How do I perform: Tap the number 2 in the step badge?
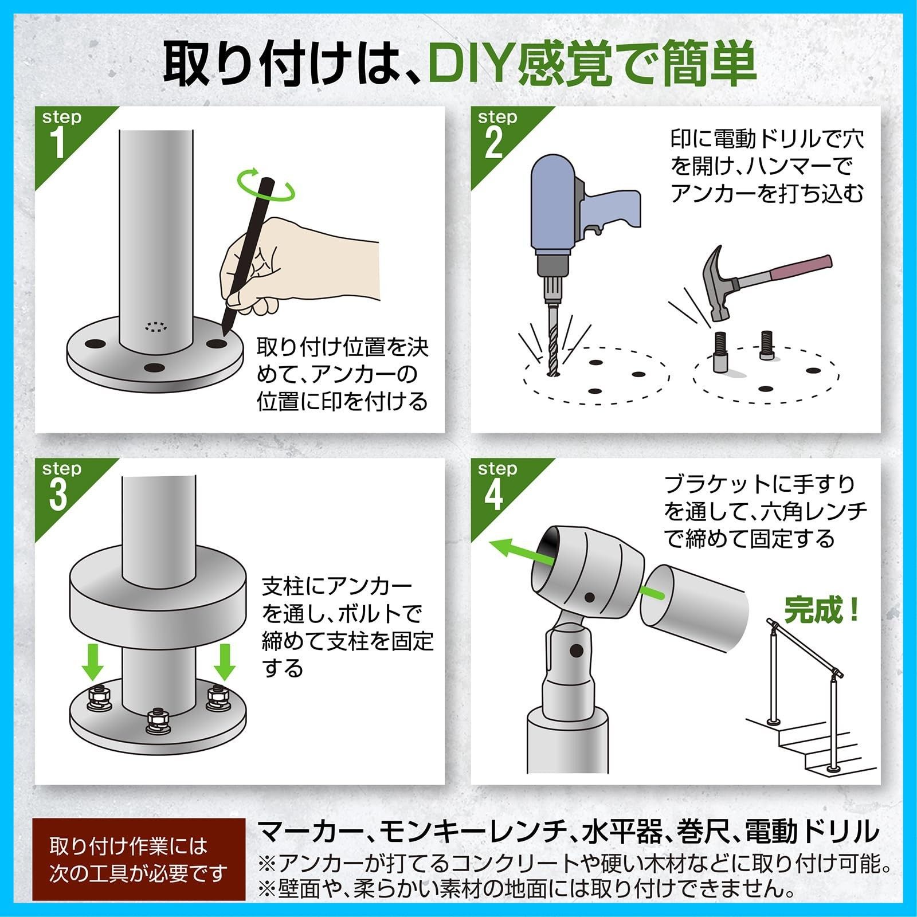tap(494, 143)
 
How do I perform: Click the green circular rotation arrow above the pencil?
tap(266, 185)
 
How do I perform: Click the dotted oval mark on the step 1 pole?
tap(155, 327)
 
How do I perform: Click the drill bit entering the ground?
tap(553, 344)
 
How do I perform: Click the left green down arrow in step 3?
tap(92, 661)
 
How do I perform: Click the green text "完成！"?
tap(821, 610)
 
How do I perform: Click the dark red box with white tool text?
tap(138, 860)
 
